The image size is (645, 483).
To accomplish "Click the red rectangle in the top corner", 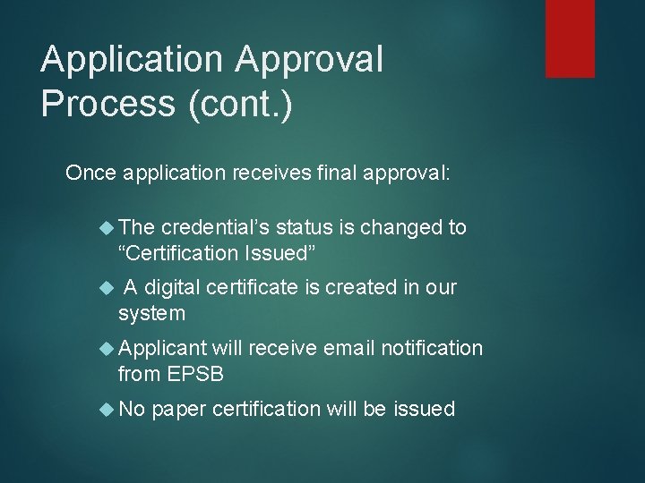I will [x=570, y=38].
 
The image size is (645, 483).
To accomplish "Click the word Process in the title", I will [x=107, y=103].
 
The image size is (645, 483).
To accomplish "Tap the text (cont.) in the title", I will [x=239, y=103].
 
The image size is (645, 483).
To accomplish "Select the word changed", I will [x=400, y=227].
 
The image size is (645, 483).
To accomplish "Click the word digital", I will [x=172, y=287].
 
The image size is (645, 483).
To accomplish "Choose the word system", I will [x=151, y=314].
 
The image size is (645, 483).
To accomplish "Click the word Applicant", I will [x=162, y=348].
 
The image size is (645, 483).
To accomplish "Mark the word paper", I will [x=180, y=409].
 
